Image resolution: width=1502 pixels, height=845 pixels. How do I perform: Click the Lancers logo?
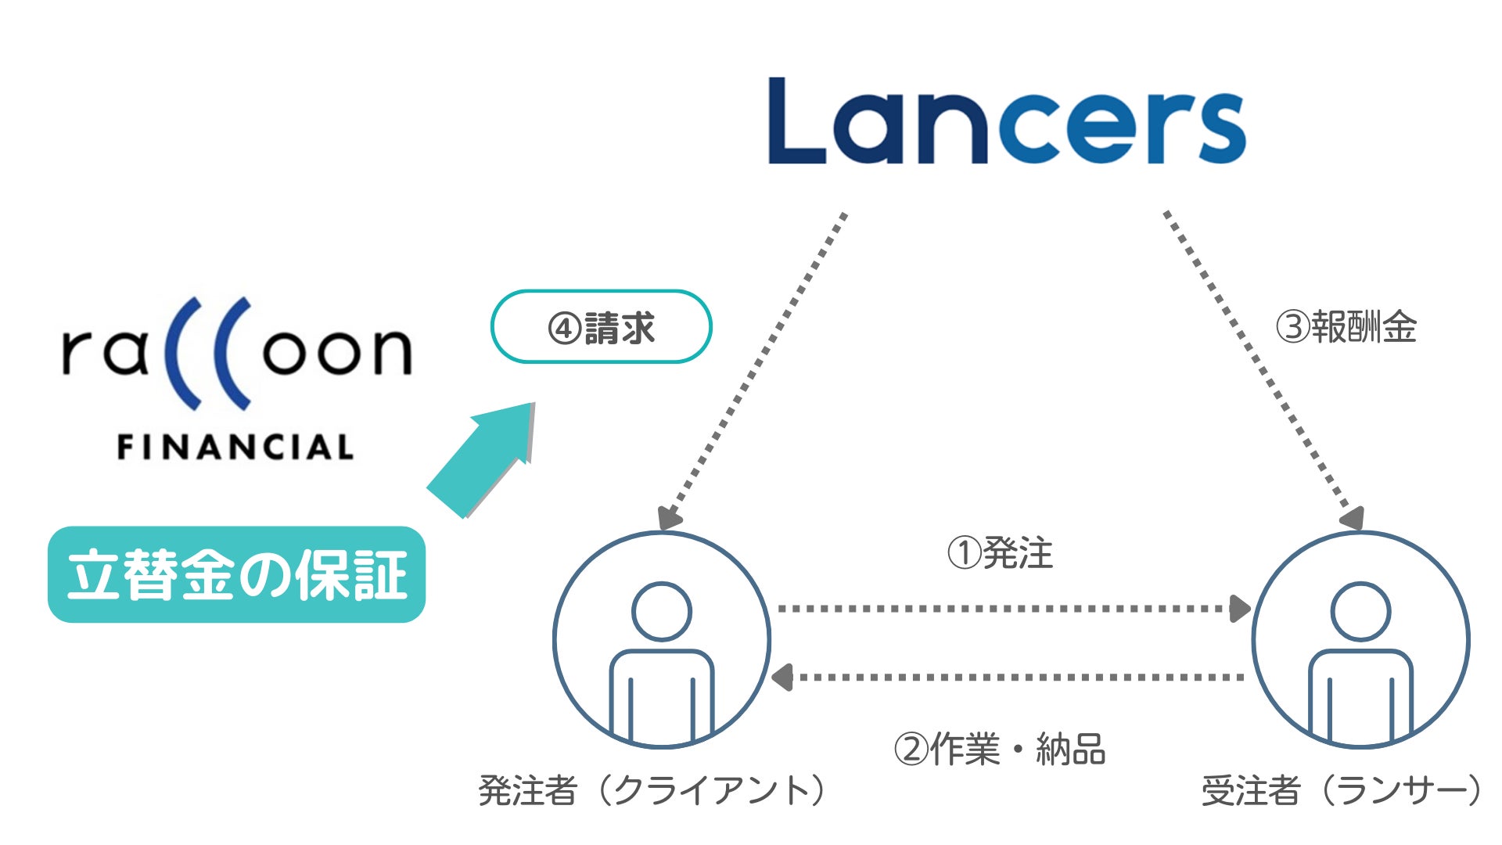tap(1007, 121)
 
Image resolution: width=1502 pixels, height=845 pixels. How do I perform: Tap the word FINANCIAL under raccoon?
tap(235, 448)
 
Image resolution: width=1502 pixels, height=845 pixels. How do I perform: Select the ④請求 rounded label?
tap(601, 327)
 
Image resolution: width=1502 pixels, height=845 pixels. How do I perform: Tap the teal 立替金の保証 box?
tap(236, 575)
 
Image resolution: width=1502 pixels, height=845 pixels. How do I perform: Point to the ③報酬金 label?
tap(1346, 327)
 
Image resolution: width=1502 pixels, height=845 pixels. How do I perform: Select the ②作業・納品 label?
tap(999, 749)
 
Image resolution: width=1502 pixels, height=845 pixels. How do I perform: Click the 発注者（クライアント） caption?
tap(652, 790)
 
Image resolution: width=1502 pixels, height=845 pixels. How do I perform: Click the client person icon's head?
tap(662, 611)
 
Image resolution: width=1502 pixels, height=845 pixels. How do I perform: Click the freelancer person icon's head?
tap(1360, 611)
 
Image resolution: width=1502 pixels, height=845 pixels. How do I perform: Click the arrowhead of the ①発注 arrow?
tap(1239, 609)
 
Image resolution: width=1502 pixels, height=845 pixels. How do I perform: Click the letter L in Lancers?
tap(796, 121)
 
